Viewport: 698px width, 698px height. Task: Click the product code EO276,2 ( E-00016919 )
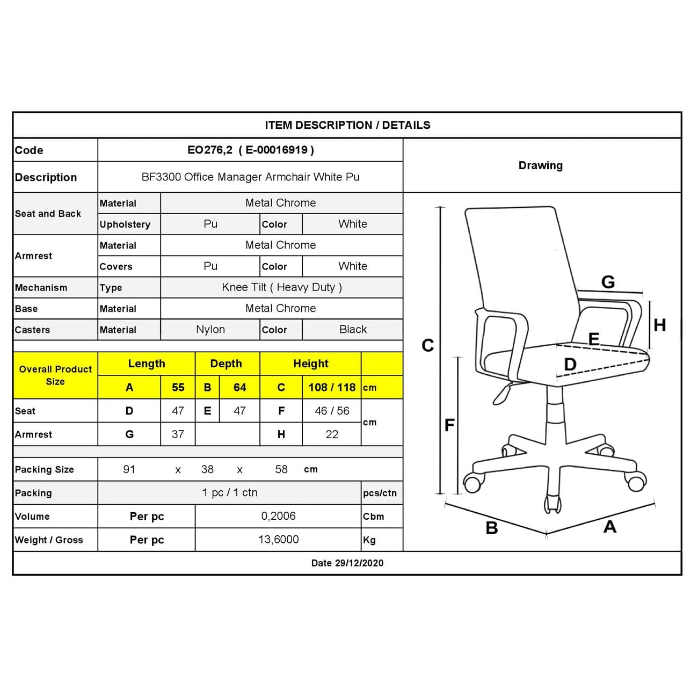[x=250, y=150]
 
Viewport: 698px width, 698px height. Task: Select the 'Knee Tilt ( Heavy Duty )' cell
[x=281, y=287]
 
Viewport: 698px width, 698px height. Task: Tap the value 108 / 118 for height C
[x=332, y=387]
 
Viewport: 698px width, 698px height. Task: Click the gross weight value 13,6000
[x=278, y=540]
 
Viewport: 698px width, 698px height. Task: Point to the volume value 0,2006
[x=278, y=516]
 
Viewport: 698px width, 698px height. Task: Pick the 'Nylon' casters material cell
[x=210, y=330]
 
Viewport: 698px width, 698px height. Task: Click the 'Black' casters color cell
[x=353, y=330]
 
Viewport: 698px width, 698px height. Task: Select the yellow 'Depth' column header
[x=226, y=363]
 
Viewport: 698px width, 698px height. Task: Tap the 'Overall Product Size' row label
[x=55, y=375]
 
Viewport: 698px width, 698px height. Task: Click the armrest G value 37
[x=178, y=434]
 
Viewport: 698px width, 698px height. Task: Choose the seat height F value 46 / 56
[x=332, y=411]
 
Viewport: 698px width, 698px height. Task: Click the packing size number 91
[x=129, y=469]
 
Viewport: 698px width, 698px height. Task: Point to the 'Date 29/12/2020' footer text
[x=347, y=563]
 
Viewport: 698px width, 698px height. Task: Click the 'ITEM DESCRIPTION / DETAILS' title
[x=347, y=125]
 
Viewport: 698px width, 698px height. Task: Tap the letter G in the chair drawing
[x=608, y=282]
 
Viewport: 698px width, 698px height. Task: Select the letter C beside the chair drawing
[x=427, y=345]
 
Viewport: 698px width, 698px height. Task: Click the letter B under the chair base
[x=491, y=528]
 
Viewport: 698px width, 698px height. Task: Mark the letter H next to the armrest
[x=660, y=325]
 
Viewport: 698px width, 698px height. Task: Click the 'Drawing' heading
[x=540, y=165]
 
